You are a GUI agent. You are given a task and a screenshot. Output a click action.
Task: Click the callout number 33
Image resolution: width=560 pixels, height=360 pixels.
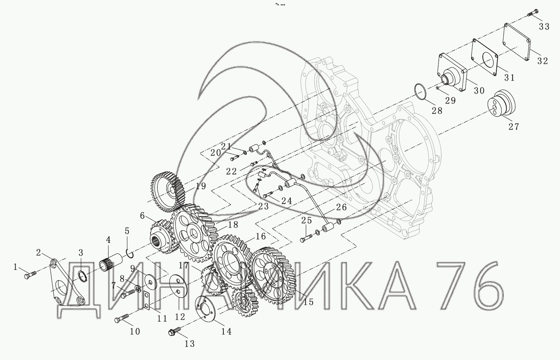click(x=544, y=26)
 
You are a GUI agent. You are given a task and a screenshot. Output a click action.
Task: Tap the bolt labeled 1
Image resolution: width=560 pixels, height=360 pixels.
click(x=30, y=274)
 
